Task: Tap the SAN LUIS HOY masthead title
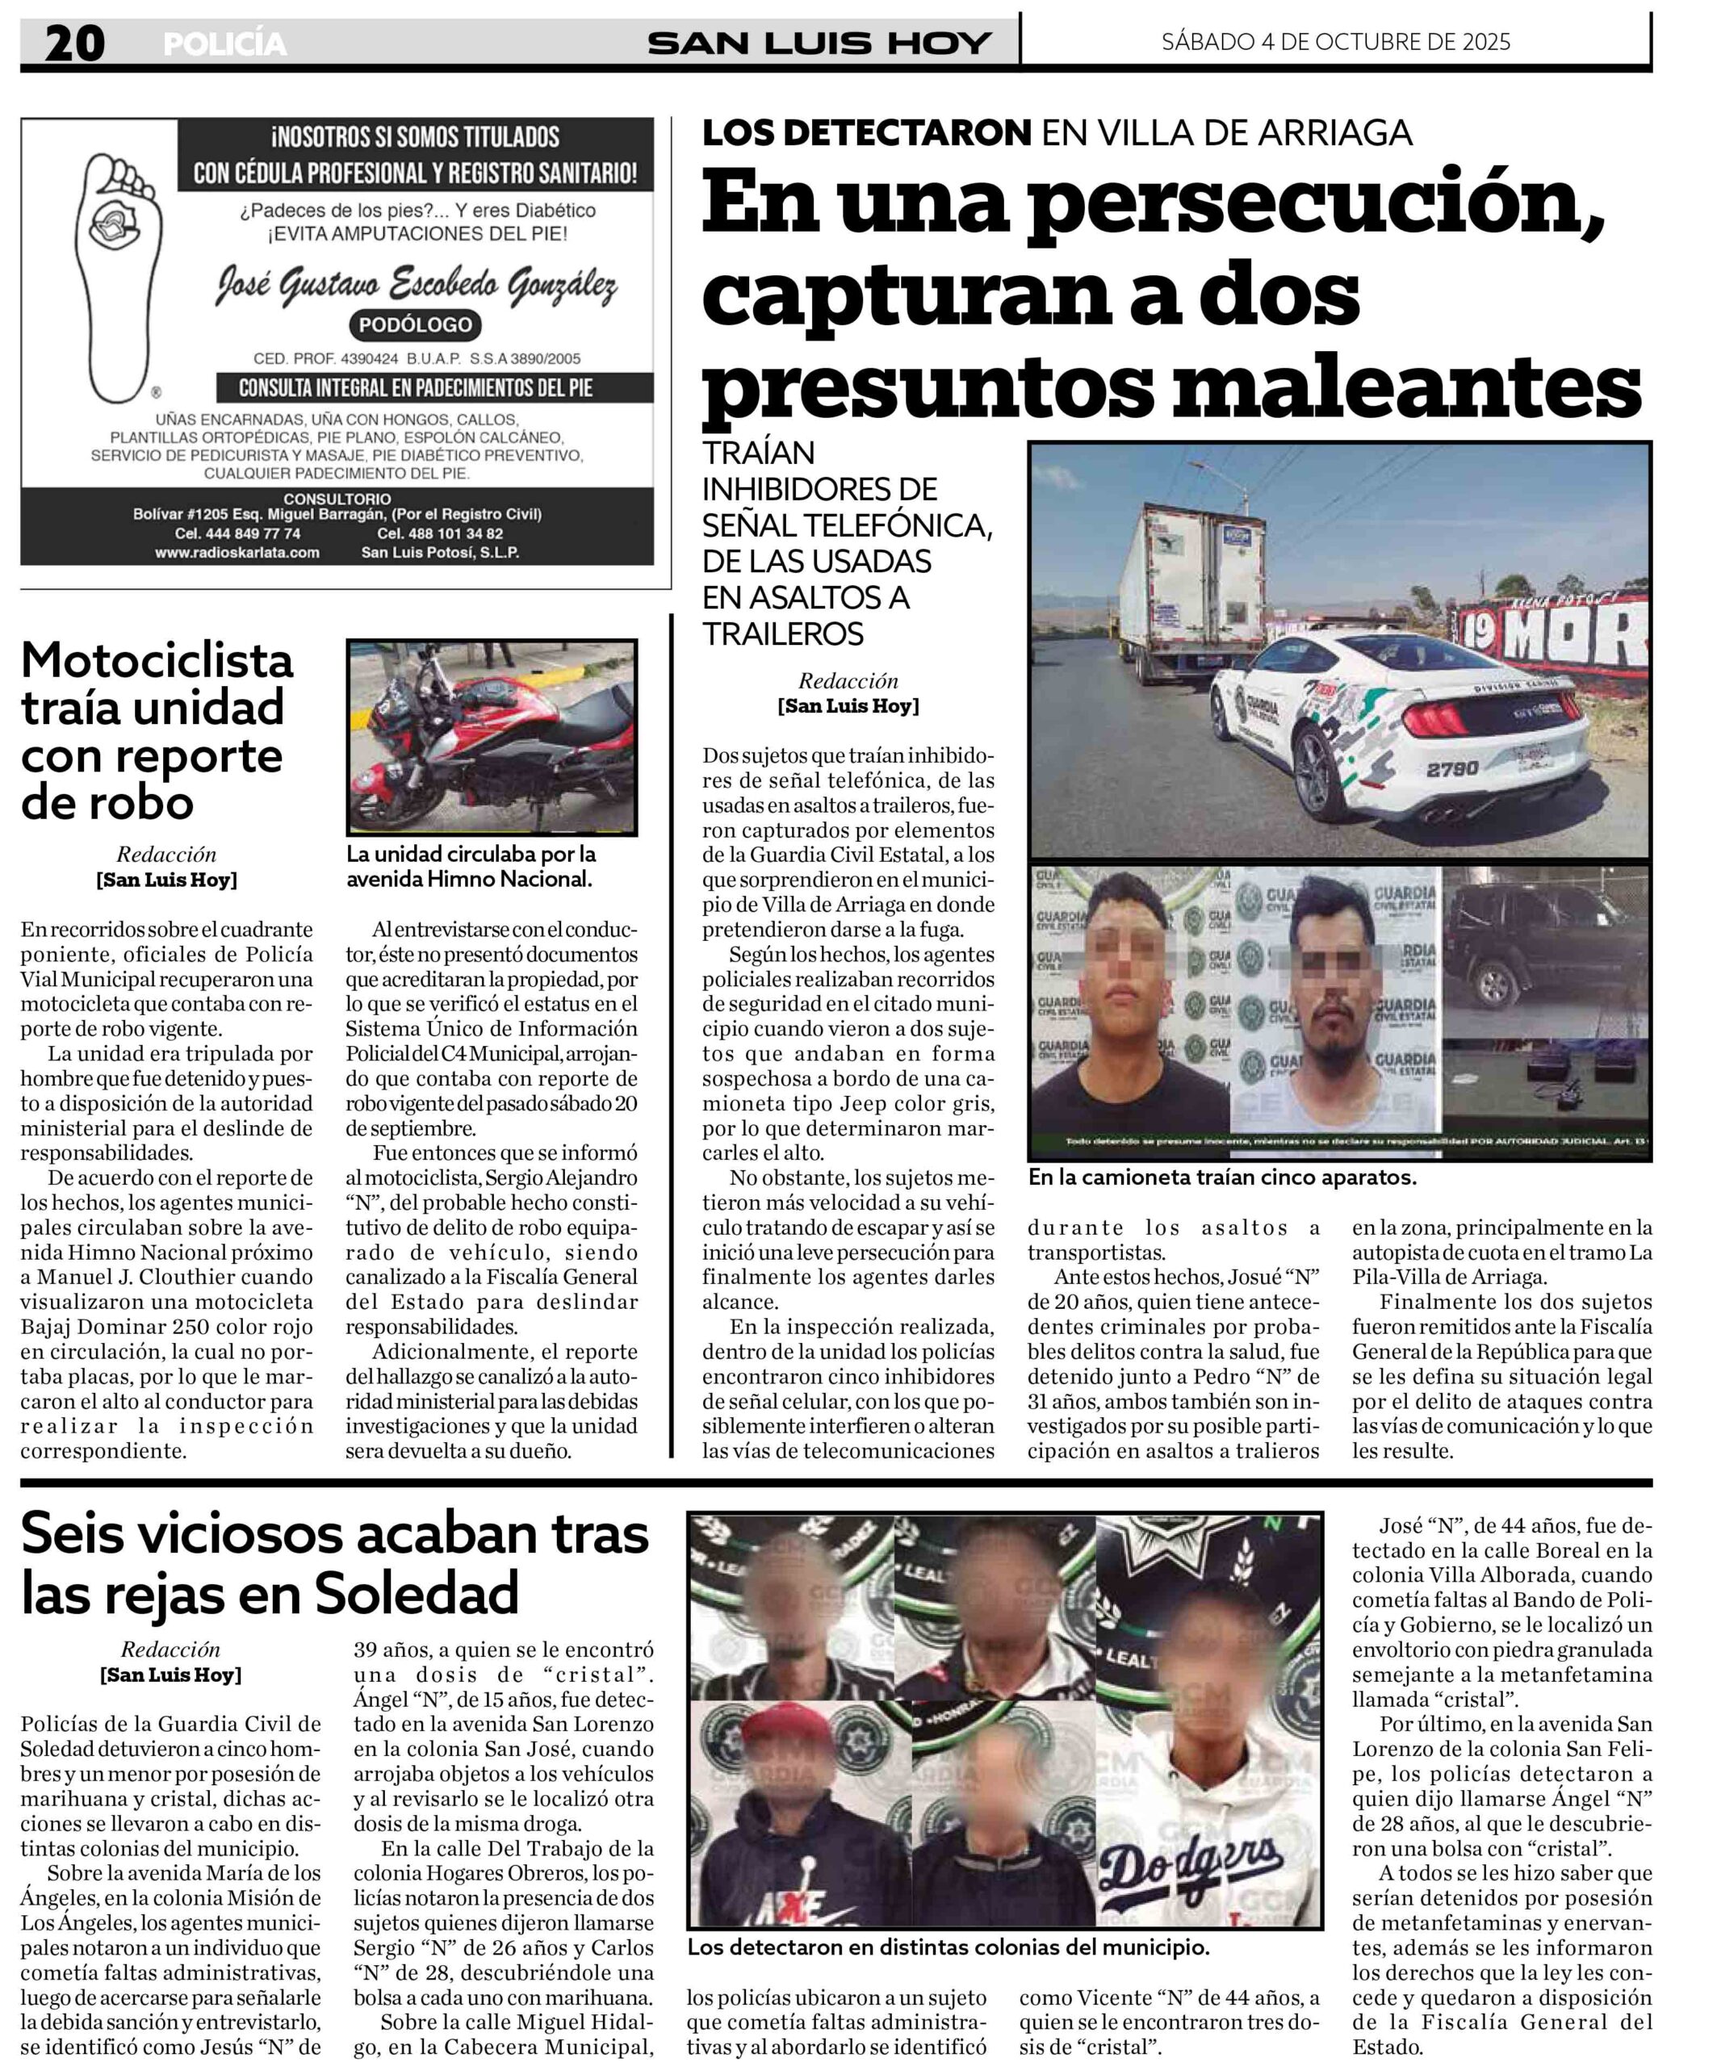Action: (819, 44)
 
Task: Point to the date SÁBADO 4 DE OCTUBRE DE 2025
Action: (1335, 41)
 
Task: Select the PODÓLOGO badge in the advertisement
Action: (415, 324)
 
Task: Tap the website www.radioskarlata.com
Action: (237, 552)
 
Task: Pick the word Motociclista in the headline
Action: (157, 660)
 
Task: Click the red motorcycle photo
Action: (491, 737)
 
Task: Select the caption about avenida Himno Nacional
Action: (471, 866)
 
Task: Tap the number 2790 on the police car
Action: (1452, 768)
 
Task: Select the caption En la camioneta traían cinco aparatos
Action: (1221, 1177)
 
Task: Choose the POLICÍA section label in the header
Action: (224, 44)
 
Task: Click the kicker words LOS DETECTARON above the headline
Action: (867, 132)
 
